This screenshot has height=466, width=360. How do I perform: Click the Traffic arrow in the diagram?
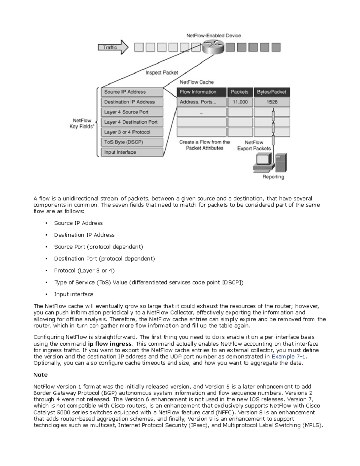[113, 47]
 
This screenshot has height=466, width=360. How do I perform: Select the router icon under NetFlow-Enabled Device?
[213, 47]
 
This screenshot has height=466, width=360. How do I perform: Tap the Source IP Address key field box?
[132, 92]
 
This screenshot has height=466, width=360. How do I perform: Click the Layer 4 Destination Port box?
[132, 122]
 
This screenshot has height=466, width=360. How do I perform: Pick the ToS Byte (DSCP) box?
[132, 142]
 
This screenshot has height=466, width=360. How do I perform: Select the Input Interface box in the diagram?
[132, 152]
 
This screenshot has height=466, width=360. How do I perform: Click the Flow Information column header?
[201, 92]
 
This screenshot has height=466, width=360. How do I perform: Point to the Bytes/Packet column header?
[271, 92]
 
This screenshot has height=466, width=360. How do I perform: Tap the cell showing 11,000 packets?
[240, 102]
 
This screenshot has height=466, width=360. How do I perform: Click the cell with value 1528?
[272, 102]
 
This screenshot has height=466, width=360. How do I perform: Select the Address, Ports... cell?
[201, 102]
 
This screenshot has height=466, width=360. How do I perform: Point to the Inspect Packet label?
[162, 73]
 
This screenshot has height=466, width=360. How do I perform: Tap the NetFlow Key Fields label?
[82, 124]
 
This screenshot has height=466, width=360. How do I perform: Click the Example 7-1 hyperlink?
[289, 356]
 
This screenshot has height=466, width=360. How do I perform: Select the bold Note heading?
[40, 375]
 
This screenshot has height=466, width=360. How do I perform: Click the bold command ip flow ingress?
[109, 344]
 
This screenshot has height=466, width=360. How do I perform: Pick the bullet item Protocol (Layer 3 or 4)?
[84, 271]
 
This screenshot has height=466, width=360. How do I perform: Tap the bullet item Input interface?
[73, 294]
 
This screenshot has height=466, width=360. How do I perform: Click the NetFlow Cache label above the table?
[196, 82]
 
